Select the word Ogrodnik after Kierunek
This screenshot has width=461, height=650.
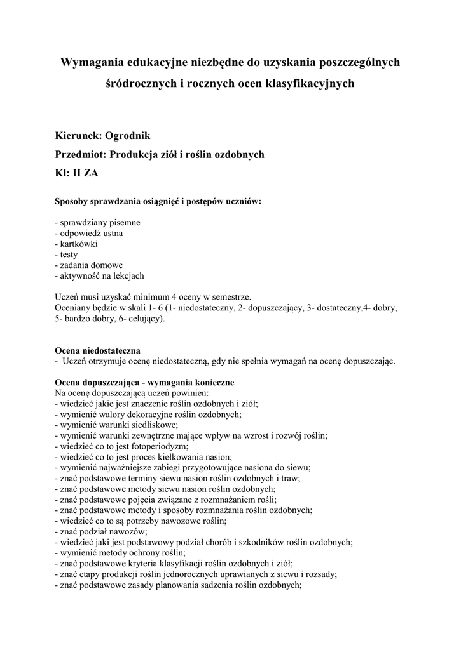[127, 135]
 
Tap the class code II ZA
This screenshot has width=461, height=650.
[85, 173]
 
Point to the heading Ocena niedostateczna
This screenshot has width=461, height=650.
[97, 350]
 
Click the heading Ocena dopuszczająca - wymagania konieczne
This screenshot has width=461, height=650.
[144, 383]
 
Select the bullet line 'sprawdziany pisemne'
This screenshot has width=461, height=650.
[98, 223]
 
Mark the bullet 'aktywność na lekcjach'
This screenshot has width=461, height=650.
[100, 275]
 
